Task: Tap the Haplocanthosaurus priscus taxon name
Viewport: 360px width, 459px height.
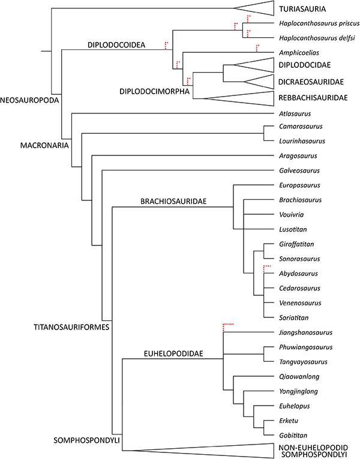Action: tap(319, 25)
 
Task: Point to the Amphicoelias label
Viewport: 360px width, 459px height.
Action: tap(299, 52)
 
